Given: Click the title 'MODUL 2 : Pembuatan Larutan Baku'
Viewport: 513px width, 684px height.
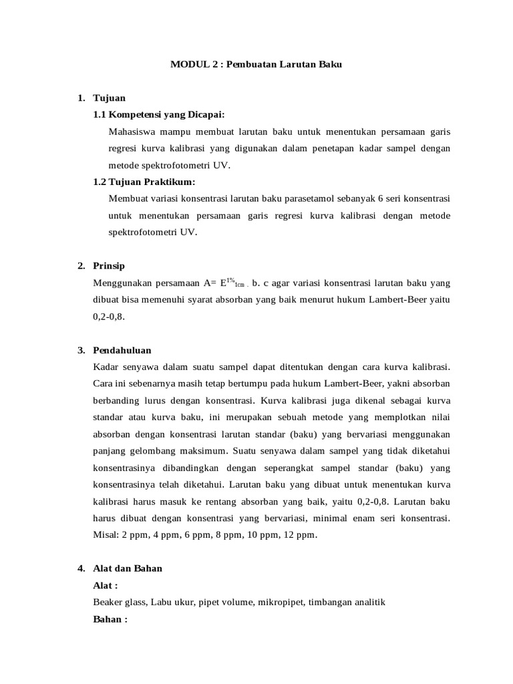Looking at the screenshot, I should pyautogui.click(x=256, y=65).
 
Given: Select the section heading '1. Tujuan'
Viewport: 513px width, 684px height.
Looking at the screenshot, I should pyautogui.click(x=102, y=98).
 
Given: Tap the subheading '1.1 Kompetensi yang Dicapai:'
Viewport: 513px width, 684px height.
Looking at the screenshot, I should pyautogui.click(x=159, y=114).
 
